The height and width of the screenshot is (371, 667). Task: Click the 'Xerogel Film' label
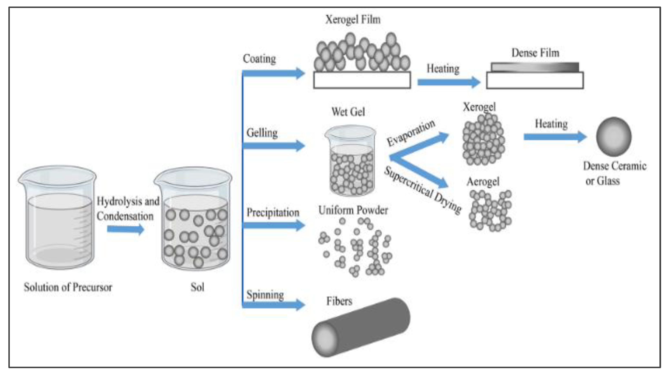(353, 19)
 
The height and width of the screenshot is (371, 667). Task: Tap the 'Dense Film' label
(535, 53)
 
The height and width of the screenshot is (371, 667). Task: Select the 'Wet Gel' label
(348, 112)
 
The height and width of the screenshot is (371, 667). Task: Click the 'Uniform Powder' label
(353, 210)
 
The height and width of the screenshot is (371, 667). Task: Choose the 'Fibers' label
(339, 301)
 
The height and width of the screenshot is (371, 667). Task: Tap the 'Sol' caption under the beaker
(197, 287)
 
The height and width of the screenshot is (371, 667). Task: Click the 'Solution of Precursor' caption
(68, 287)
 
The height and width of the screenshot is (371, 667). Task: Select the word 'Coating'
(259, 59)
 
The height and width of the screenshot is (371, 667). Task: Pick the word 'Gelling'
(262, 133)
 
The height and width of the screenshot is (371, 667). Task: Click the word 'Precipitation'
(273, 212)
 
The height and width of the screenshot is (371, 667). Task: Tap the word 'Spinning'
(265, 295)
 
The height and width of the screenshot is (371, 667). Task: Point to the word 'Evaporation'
(411, 133)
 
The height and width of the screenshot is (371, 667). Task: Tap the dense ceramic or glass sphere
(614, 137)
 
